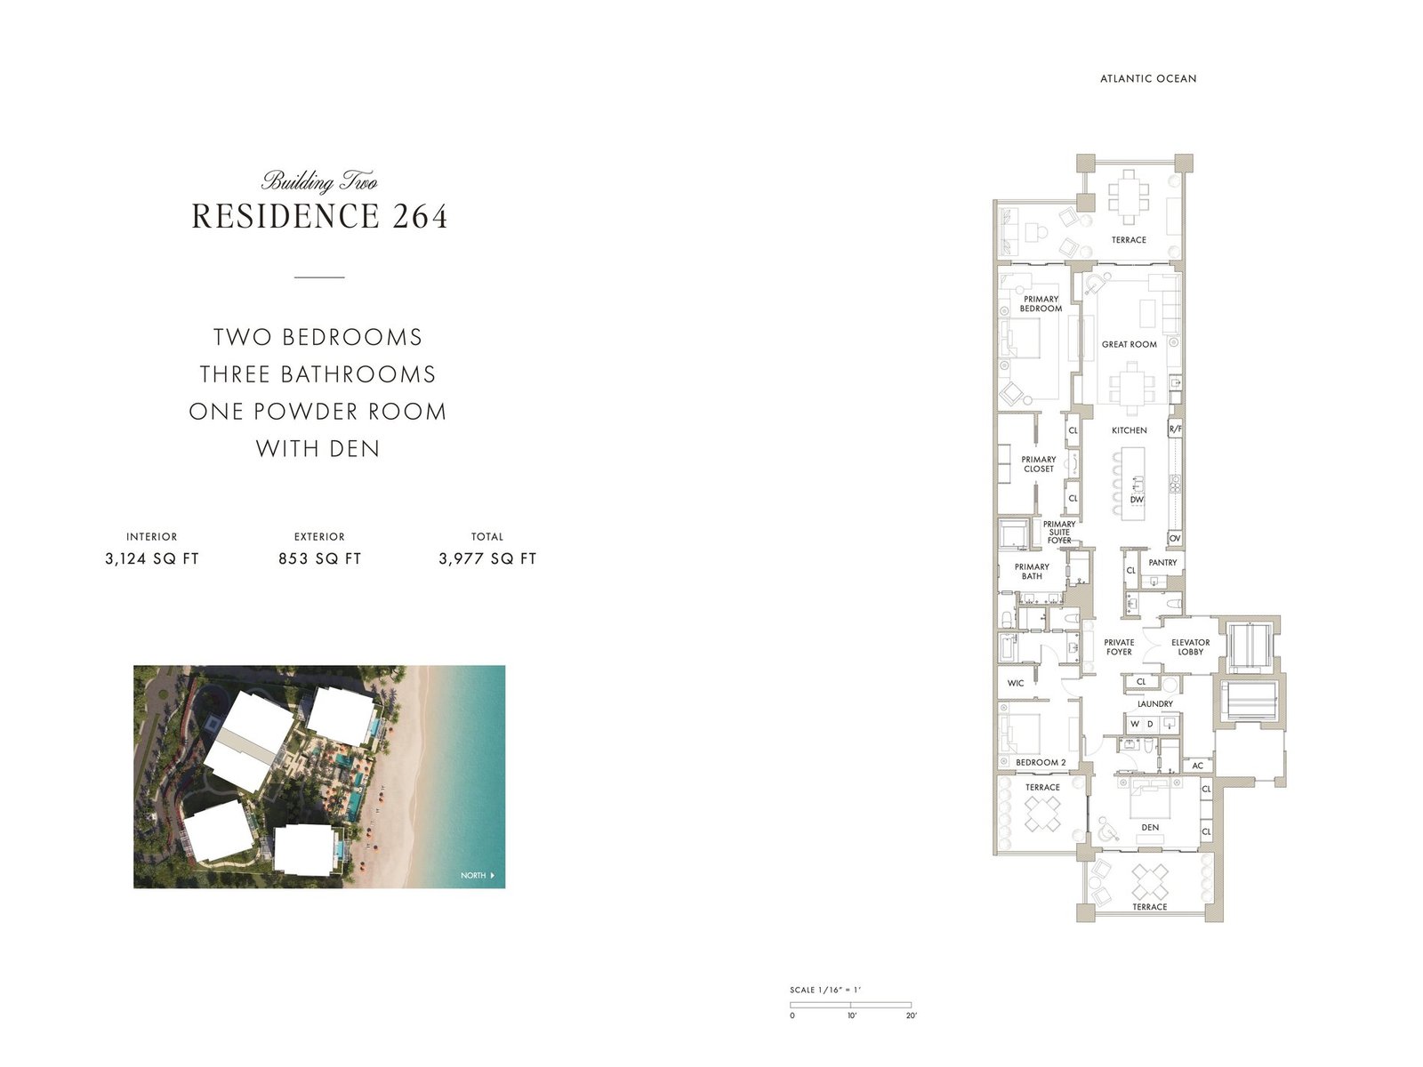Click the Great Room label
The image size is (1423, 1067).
1130,344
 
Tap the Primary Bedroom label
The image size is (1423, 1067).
1041,304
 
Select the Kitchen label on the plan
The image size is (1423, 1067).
1130,430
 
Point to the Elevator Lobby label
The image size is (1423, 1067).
1190,647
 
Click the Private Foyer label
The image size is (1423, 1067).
1119,647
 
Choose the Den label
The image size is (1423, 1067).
1150,827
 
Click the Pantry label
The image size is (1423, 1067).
1162,563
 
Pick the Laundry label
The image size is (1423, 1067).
1155,703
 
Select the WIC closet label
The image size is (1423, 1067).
1016,683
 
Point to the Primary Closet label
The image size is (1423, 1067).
1038,464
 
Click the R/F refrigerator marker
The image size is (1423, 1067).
1175,429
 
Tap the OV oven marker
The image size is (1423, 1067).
1175,539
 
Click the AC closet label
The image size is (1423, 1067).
1197,766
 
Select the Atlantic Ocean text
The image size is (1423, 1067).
1148,78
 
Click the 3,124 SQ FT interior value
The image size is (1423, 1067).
152,558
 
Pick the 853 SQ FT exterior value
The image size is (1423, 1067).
319,558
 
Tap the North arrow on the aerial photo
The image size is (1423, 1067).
492,876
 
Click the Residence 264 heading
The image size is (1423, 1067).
319,216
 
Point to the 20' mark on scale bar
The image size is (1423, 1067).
911,1015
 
